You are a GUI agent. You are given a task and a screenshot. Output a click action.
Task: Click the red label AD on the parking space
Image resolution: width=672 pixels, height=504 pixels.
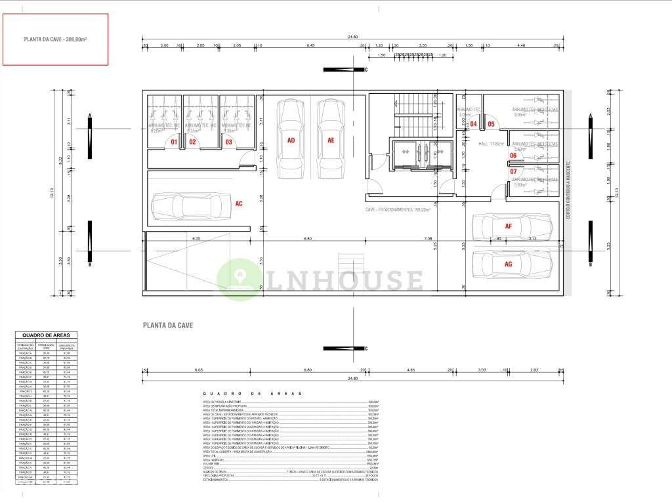tap(291, 140)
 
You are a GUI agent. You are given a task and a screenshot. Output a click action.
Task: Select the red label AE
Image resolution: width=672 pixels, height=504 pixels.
tap(331, 140)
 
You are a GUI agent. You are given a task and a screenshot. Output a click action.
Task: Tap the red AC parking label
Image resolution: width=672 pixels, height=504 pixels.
tap(239, 204)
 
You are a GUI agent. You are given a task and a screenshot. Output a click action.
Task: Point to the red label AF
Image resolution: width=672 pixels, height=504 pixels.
tap(508, 226)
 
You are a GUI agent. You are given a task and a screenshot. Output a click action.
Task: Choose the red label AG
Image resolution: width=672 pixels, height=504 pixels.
tap(508, 263)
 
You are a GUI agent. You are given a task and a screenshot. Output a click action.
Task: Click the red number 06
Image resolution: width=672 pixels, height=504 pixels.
tap(513, 156)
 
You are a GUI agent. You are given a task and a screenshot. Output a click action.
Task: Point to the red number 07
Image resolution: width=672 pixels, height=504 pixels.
tap(513, 172)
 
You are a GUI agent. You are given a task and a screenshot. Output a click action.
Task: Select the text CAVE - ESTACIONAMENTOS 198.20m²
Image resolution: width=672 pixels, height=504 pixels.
tap(398, 210)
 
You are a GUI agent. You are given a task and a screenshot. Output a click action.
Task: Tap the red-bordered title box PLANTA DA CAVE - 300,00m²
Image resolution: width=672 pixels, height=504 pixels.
tap(56, 40)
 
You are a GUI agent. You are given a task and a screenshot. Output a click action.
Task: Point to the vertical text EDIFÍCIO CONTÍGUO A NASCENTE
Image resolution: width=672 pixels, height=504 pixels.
tap(568, 191)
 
